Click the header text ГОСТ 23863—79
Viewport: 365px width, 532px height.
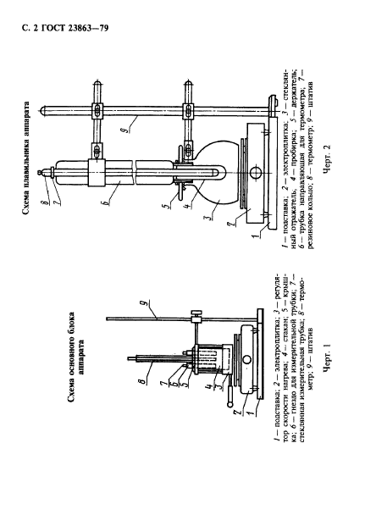75,28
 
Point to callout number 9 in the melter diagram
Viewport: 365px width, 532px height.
126,130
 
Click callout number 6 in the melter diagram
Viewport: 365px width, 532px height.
106,202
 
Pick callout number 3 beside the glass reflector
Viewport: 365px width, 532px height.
211,217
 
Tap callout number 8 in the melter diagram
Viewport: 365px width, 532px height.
46,195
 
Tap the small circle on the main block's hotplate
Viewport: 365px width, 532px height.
246,358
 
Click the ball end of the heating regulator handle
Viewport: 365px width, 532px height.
230,404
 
